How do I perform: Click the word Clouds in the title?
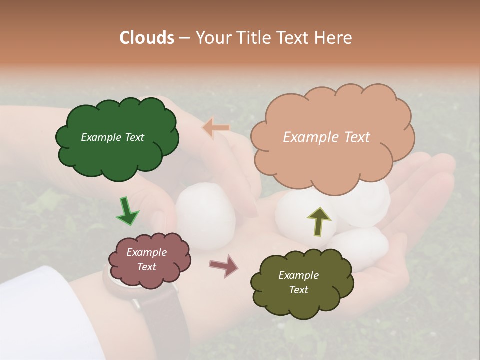tap(147, 38)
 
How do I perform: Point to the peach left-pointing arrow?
tap(216, 127)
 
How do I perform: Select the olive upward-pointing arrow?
tap(318, 221)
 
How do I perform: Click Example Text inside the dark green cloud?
tap(112, 137)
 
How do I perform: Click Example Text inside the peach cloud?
tap(326, 137)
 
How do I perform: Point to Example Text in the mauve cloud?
tap(147, 259)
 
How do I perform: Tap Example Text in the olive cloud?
tap(298, 282)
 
